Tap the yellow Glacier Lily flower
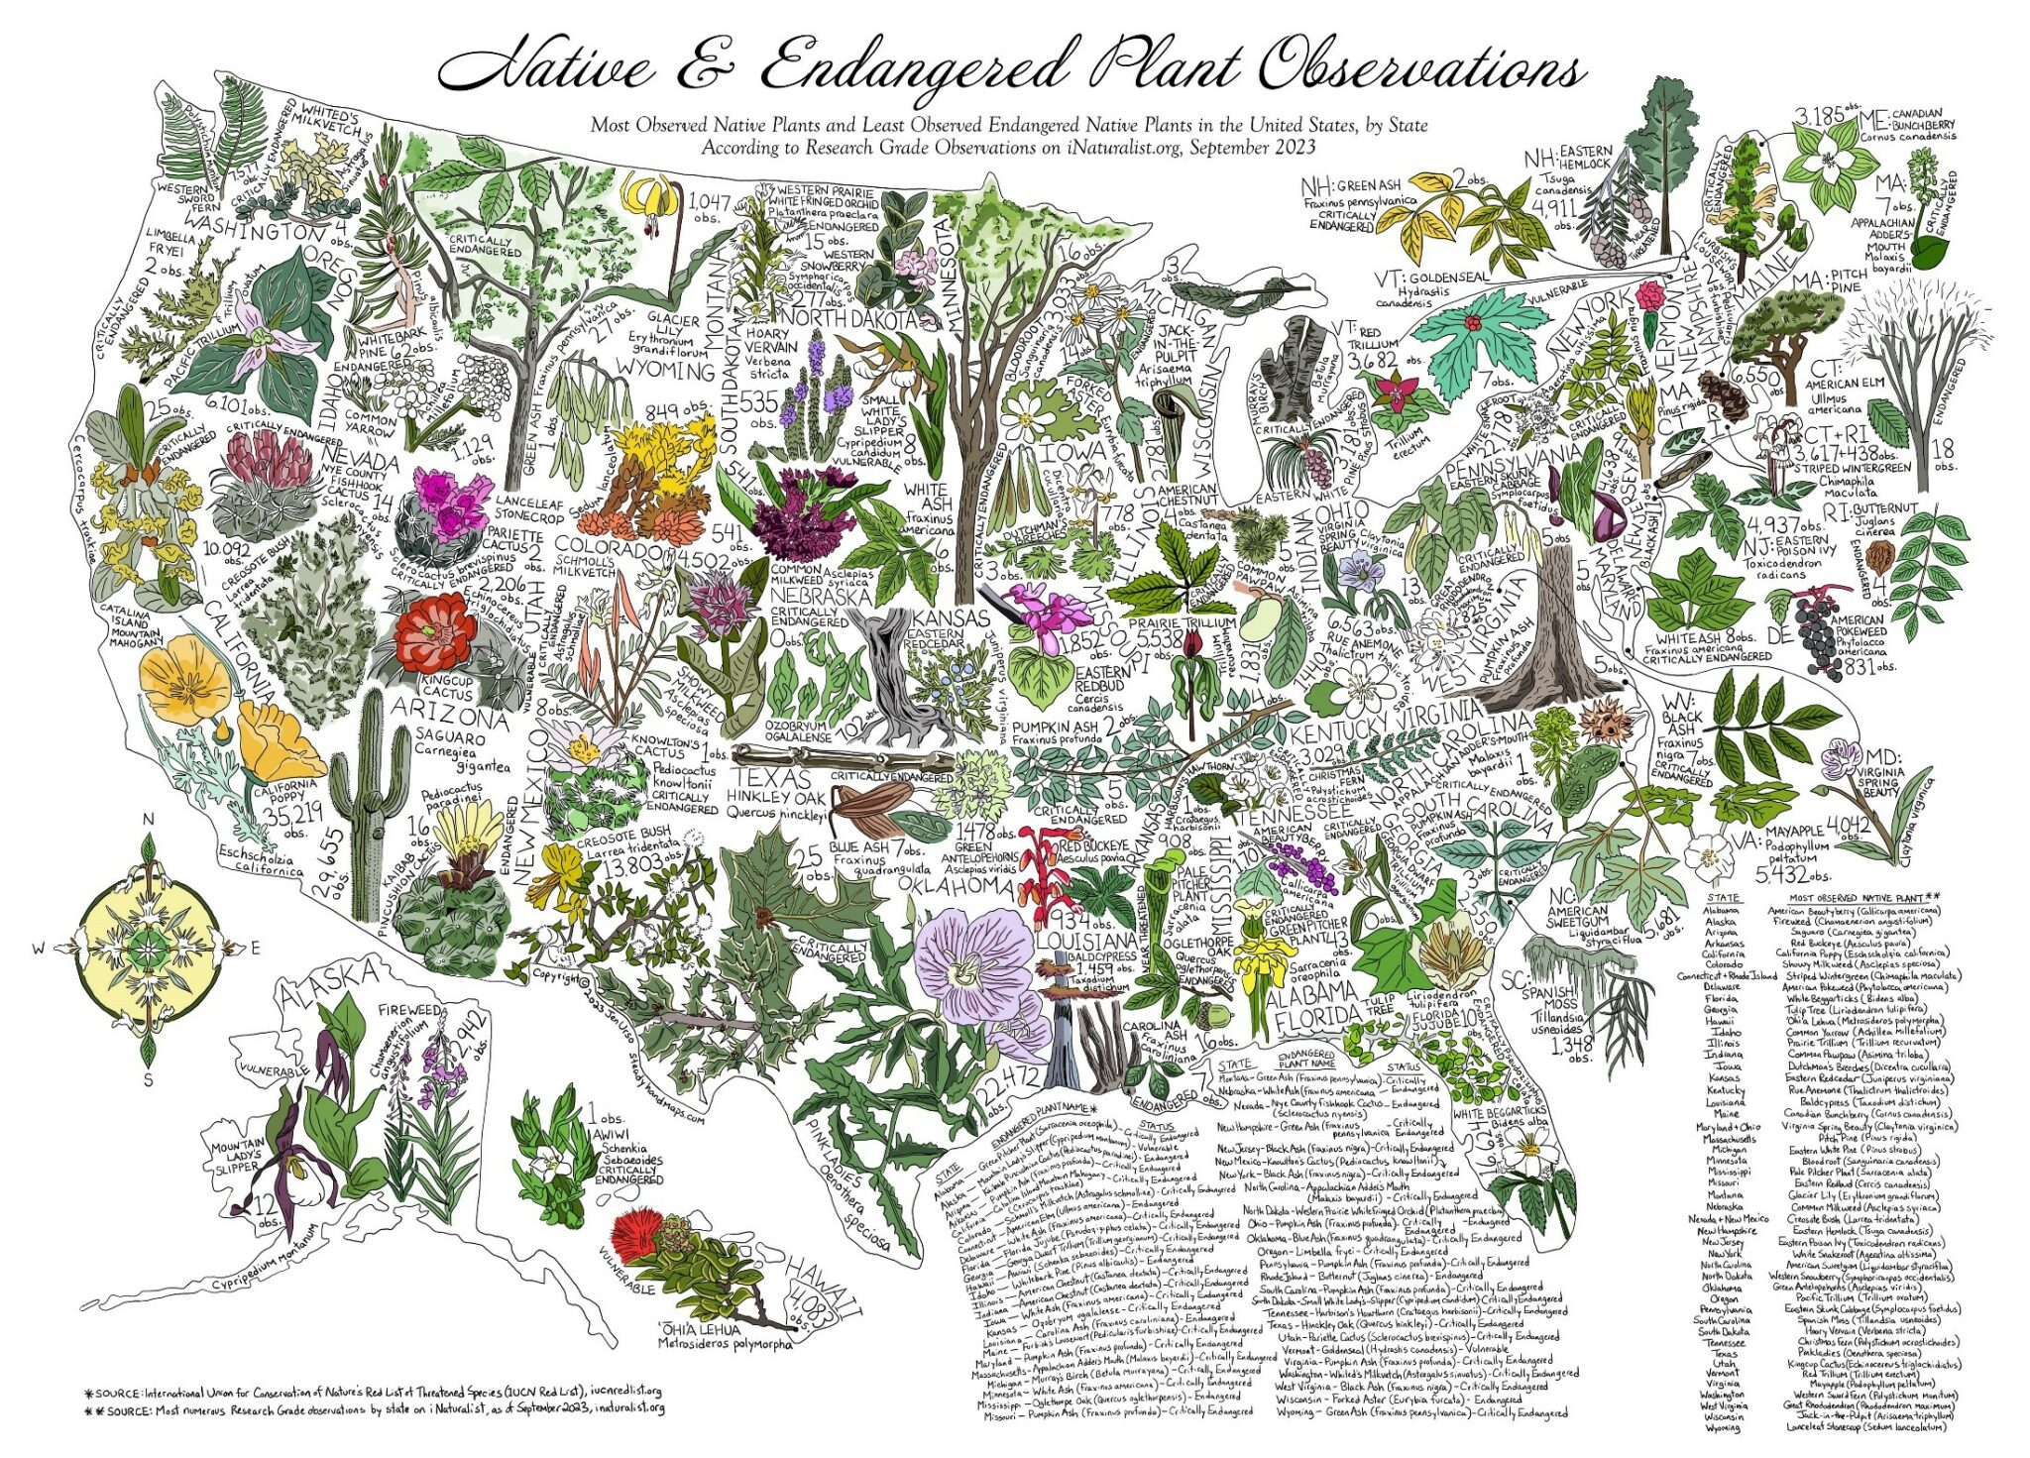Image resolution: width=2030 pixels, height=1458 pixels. coord(649,198)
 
